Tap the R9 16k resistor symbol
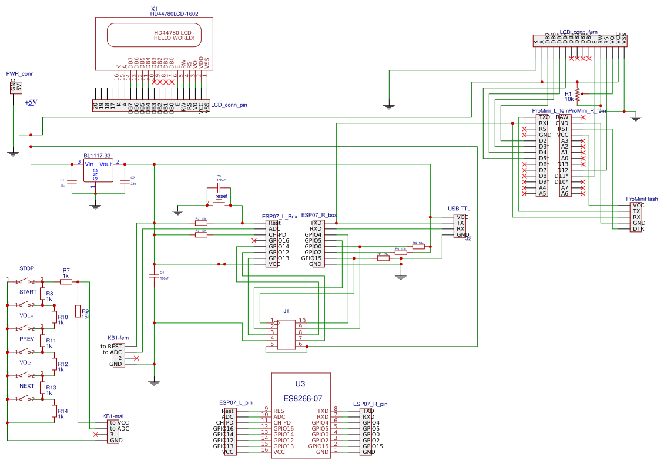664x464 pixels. [78, 311]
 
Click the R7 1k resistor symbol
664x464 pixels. [66, 282]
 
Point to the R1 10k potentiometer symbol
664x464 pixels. [577, 93]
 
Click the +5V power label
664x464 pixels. [31, 102]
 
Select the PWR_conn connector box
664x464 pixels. [16, 88]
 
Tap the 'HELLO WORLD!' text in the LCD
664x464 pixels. [174, 38]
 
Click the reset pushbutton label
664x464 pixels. [221, 196]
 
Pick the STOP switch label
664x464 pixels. [26, 268]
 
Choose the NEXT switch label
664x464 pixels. [26, 386]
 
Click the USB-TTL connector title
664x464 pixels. [459, 208]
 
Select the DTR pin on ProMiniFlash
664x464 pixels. [638, 229]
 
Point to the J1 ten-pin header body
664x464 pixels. [286, 334]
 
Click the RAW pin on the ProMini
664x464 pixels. [562, 117]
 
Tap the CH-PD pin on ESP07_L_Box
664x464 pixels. [277, 235]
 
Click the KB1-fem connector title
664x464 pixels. [118, 338]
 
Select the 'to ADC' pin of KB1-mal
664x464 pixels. [119, 429]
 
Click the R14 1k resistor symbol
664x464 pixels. [54, 411]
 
